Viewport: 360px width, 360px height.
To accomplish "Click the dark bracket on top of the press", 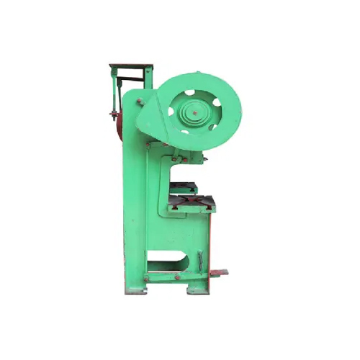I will click(130, 70).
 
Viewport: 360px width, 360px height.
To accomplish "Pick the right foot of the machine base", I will click(199, 289).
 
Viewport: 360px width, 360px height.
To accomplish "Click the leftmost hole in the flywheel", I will click(172, 111).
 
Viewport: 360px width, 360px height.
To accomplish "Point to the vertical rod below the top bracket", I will click(115, 94).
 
